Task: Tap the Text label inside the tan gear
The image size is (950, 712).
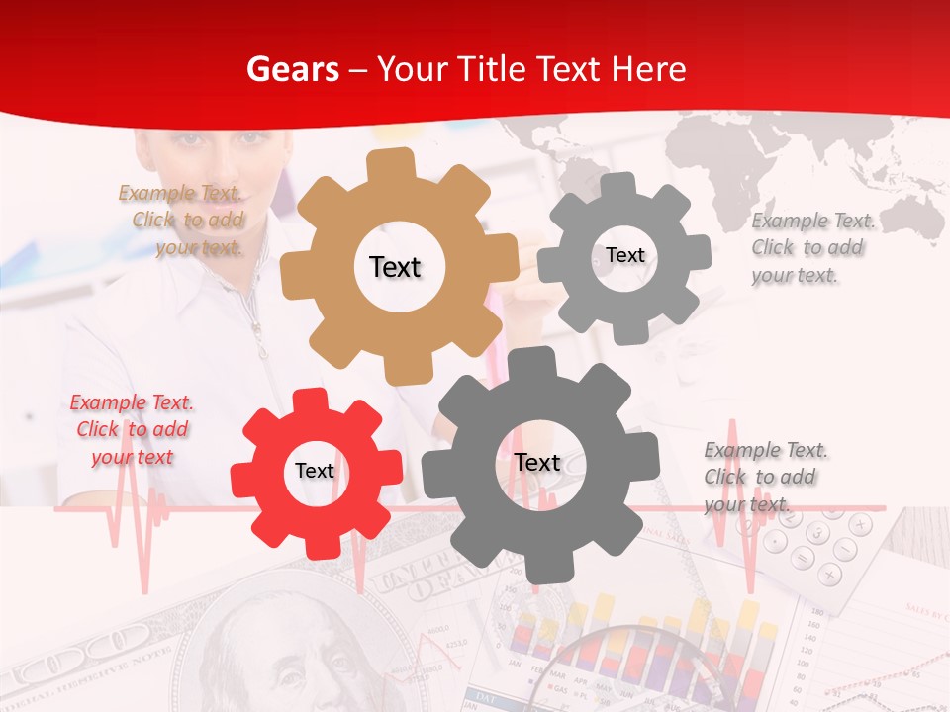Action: (395, 267)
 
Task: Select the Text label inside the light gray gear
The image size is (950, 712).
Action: (624, 255)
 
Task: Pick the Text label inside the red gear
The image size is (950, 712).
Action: (315, 471)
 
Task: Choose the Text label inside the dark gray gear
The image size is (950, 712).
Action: (537, 462)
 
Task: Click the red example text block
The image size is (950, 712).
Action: (132, 429)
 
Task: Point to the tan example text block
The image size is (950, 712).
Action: (184, 221)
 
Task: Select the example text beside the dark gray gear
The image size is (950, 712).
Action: (763, 477)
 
